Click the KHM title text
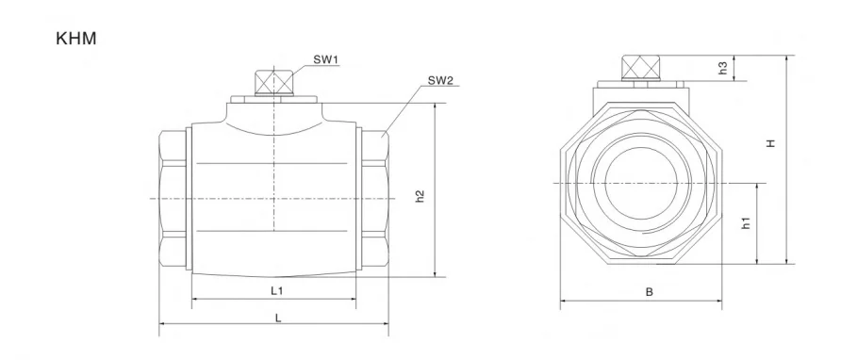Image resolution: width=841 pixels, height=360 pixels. point(76,39)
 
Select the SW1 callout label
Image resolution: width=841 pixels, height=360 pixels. point(326,59)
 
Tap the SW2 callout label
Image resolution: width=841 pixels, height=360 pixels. point(440,80)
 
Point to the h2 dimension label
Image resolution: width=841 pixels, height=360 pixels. point(420,196)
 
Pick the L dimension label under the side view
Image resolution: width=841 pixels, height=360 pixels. point(278,318)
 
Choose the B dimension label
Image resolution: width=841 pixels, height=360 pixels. point(649,292)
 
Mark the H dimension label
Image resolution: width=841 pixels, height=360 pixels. point(770,143)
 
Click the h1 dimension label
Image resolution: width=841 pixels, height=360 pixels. point(746,223)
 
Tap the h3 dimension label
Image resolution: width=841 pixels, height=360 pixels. point(723,68)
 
